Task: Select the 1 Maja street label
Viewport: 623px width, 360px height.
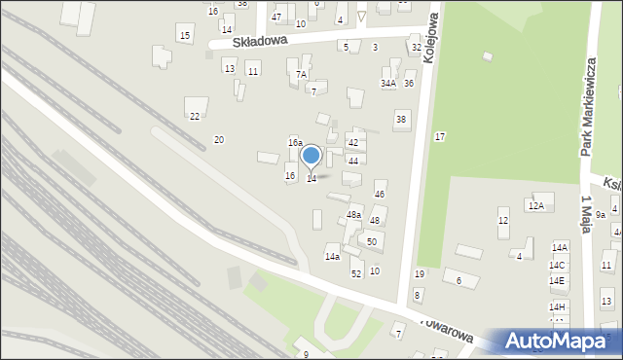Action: (x=587, y=211)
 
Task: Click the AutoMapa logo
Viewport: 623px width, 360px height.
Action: (x=558, y=342)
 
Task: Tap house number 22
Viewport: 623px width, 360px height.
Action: (x=195, y=117)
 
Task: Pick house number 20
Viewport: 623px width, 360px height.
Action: (x=219, y=140)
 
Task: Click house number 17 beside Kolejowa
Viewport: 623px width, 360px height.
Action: (x=440, y=136)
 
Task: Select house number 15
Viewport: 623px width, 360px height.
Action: (x=185, y=36)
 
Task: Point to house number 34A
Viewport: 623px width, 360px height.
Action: (x=388, y=84)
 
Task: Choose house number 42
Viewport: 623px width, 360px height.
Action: (x=353, y=143)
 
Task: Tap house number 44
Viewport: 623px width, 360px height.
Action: (x=353, y=161)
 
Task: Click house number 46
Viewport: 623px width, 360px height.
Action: (x=380, y=195)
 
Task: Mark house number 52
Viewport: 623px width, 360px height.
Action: (x=356, y=273)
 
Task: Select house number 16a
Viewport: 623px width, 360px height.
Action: (x=295, y=143)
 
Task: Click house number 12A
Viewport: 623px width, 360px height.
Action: (x=535, y=205)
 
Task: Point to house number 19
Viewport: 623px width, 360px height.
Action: (x=420, y=274)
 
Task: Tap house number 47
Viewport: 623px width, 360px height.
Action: (x=276, y=18)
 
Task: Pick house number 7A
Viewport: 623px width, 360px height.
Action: (x=302, y=74)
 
